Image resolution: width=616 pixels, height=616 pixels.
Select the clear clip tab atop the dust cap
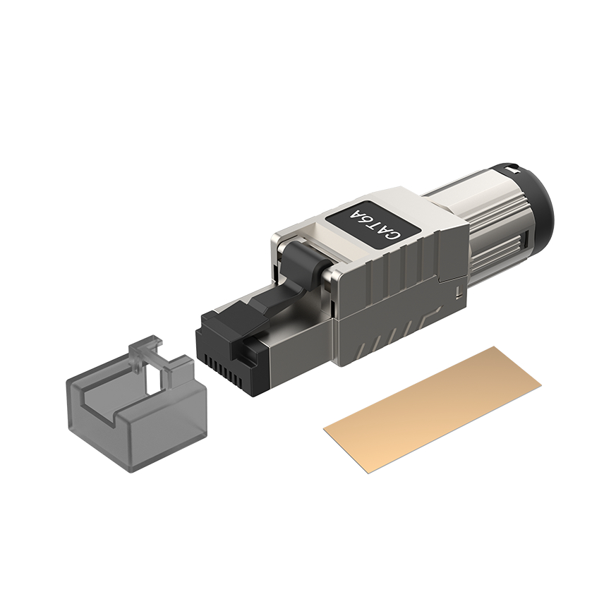point(145,349)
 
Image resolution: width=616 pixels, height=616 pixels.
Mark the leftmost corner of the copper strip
point(325,427)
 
